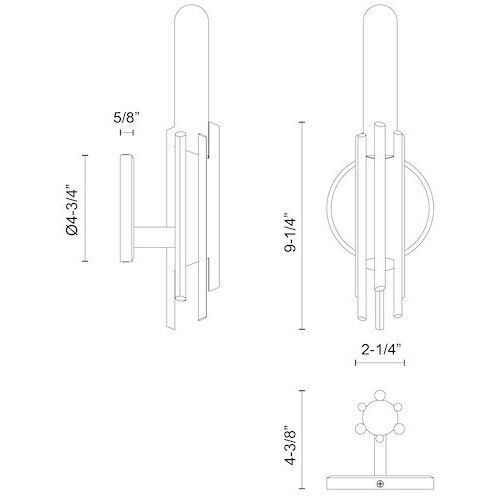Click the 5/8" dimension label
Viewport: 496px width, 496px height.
pyautogui.click(x=126, y=117)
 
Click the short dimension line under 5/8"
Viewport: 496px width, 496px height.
pyautogui.click(x=126, y=132)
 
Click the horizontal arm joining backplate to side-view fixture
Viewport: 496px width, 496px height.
pyautogui.click(x=152, y=240)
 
